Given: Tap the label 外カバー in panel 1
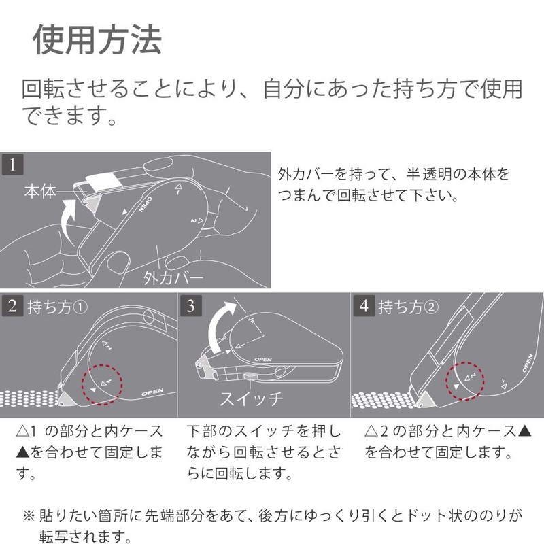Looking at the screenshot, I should [x=173, y=277].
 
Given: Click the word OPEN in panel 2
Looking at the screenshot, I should [x=152, y=393].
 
